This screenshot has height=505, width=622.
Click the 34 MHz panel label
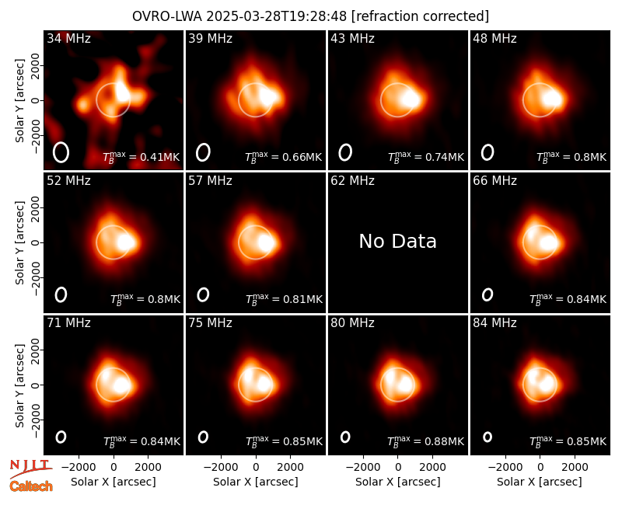coord(68,38)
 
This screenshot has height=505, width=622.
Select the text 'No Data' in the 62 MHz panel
coord(397,241)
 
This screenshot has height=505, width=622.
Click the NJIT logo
coord(31,468)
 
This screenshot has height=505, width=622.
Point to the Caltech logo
coord(31,486)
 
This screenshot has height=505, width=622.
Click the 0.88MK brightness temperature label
coord(425,441)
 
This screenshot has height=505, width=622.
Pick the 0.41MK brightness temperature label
coord(142,157)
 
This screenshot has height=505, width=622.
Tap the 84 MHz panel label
coord(494,323)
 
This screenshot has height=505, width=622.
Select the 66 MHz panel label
coord(494,181)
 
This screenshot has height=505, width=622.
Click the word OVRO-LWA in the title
coord(167,16)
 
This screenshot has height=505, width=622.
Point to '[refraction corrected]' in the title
coord(421,16)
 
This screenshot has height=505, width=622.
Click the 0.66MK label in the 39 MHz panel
coord(284,157)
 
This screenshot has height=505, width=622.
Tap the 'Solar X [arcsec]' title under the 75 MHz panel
coord(256,482)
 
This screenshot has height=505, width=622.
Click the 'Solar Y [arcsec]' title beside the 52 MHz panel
coord(19,242)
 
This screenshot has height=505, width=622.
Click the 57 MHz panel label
coord(210,181)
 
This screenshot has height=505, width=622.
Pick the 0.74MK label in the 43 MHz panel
coord(425,157)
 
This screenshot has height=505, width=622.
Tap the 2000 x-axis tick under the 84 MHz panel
coord(575,468)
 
